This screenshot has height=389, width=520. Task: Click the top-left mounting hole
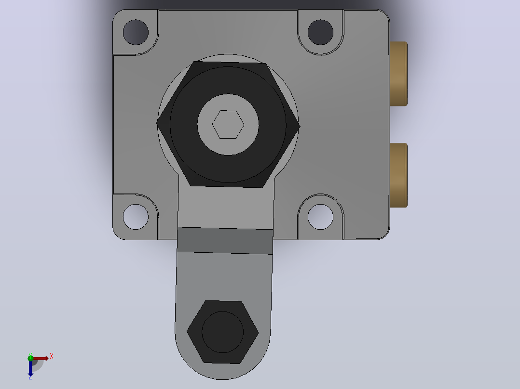pos(136,32)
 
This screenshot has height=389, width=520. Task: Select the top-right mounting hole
pos(320,32)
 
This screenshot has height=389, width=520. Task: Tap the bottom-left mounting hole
pos(136,217)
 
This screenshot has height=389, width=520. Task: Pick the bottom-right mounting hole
pos(320,217)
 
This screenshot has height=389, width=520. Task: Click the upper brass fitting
pos(398,74)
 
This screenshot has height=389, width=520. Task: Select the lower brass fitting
pos(398,175)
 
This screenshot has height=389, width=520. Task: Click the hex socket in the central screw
pos(228,125)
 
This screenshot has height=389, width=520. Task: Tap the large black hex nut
pos(228,125)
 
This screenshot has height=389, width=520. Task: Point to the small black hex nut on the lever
pos(222,332)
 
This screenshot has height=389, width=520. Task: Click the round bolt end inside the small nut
pos(222,332)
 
